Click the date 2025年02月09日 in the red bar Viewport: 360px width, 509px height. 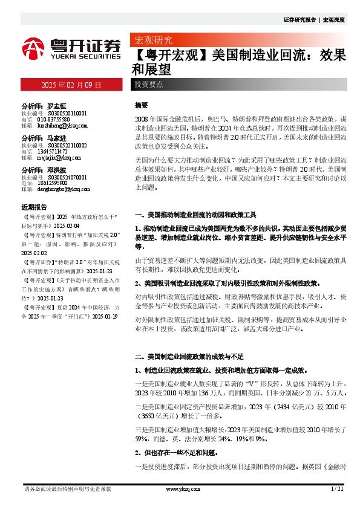[71, 85]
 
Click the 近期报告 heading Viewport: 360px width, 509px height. [33, 206]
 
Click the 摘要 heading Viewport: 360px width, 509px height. [141, 105]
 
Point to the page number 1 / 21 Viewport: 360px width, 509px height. [337, 488]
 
